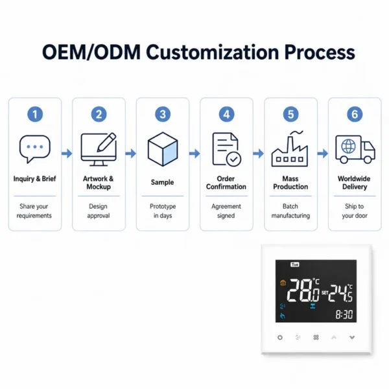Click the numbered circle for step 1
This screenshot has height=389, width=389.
click(35, 114)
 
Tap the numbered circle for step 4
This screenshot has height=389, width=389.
click(226, 114)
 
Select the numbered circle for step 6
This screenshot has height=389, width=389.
click(355, 114)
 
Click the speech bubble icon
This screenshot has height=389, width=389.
click(35, 149)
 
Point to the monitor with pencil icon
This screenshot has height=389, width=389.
click(99, 149)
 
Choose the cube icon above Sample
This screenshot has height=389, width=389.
click(163, 149)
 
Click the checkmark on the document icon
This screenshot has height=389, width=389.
click(233, 159)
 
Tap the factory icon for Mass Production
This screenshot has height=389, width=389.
click(290, 149)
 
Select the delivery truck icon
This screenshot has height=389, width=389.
click(355, 149)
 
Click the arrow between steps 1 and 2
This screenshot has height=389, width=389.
click(67, 154)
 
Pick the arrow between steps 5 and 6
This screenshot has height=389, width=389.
click(322, 154)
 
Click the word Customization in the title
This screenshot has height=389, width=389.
click(213, 53)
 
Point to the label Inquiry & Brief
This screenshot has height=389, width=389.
click(35, 179)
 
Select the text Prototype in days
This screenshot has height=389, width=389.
click(163, 211)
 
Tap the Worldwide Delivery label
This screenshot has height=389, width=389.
click(354, 183)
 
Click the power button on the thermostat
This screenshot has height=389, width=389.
click(280, 337)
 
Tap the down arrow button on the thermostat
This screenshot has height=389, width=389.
click(352, 337)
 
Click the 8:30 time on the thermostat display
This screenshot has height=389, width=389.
click(344, 314)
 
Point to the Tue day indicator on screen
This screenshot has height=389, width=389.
click(295, 265)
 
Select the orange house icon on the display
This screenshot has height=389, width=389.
click(283, 283)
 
